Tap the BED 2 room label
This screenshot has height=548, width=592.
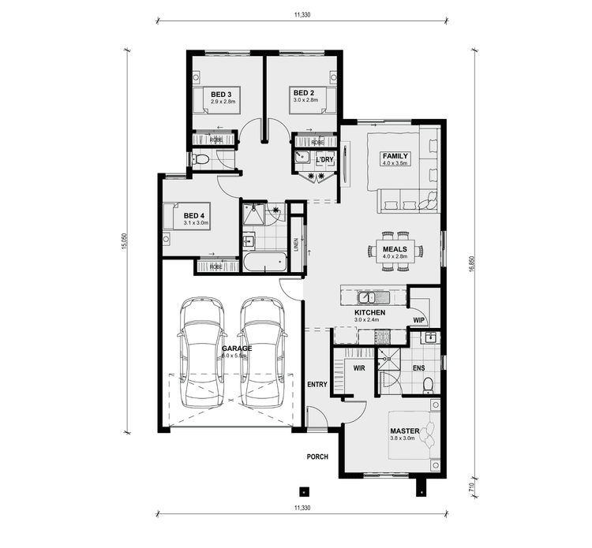pos(303,93)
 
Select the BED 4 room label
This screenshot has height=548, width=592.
pos(194,216)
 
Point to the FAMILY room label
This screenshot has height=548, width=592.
pos(395,156)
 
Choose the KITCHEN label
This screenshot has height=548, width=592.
pos(369,313)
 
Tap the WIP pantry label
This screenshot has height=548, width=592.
pos(418,320)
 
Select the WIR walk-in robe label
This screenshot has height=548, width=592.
pos(358,367)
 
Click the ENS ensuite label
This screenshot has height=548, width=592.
pos(418,367)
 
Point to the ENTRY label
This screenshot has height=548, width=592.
pos(317,384)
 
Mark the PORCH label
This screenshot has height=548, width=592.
pos(317,457)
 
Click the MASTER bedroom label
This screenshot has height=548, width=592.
pos(405,431)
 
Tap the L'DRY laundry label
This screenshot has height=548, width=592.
pos(324,160)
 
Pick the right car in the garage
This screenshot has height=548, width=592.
pos(260,352)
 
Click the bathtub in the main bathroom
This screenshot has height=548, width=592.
pos(263,262)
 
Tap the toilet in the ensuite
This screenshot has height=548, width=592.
pos(427,385)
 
